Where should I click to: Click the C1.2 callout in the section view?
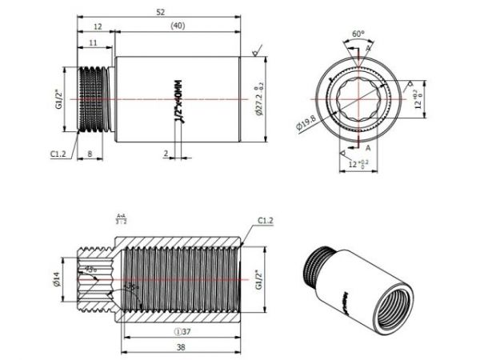coord(266,220)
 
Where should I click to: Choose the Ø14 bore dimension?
coord(56,278)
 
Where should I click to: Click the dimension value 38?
coord(182,347)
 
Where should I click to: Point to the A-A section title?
coord(120,218)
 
